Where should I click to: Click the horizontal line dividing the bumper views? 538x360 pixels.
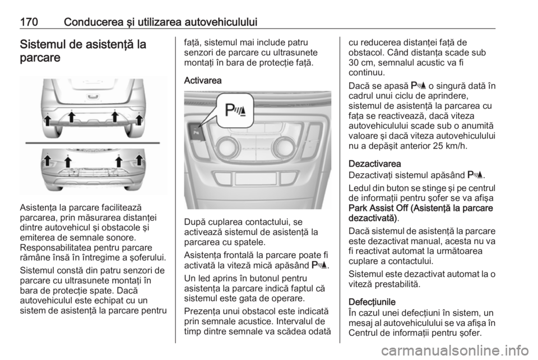click(93, 143)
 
